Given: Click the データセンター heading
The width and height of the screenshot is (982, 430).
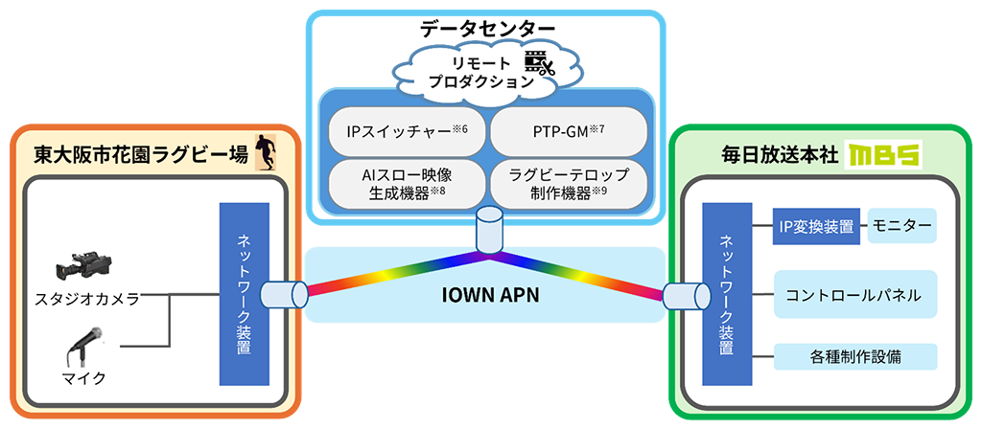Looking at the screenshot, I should [488, 28].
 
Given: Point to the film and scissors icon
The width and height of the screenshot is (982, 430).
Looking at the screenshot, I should [540, 64].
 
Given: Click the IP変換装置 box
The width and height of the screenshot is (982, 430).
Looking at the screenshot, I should [816, 226].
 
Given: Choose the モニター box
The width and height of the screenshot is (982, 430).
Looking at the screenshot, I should [901, 226].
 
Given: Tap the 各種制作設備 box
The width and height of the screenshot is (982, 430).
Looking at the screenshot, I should [854, 357].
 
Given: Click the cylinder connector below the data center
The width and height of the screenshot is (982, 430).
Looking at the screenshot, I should [489, 231].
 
